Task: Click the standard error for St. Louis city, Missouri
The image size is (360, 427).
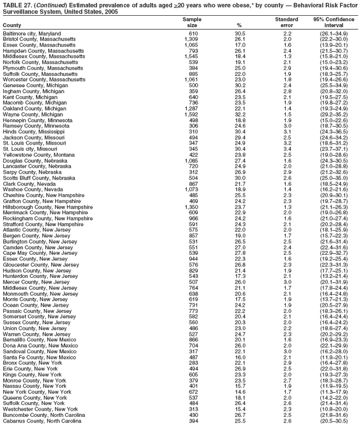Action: (x=287, y=149)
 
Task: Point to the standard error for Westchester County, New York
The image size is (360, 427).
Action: (x=287, y=409)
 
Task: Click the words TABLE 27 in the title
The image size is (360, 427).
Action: (x=17, y=4)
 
